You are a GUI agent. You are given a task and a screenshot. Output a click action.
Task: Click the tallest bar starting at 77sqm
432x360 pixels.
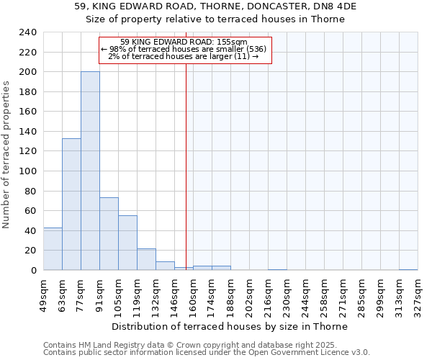[90, 171]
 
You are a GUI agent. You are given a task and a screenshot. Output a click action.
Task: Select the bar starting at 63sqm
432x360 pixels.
[71, 204]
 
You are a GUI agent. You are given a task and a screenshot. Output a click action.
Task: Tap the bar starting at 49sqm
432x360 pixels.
[53, 248]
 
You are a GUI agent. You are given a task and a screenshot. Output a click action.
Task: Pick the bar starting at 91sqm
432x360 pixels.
[109, 233]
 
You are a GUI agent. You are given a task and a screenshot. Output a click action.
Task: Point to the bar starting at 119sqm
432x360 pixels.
[146, 259]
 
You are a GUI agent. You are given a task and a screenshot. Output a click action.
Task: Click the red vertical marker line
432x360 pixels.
[186, 180]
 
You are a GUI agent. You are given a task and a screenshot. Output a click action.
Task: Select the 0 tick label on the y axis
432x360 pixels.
[33, 271]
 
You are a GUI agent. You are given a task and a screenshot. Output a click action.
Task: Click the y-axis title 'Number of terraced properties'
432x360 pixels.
[6, 154]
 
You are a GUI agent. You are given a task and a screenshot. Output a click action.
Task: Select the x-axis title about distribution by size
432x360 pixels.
[230, 326]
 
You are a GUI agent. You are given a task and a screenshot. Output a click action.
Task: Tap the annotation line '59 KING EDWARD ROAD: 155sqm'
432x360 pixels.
[184, 42]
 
